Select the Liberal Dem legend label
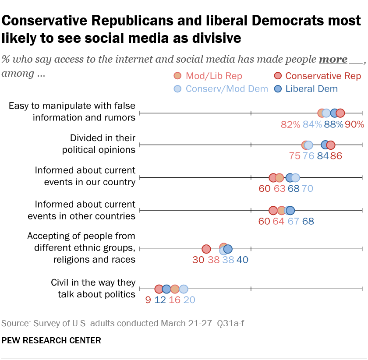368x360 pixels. pos(311,88)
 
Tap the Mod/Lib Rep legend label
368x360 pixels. pos(214,76)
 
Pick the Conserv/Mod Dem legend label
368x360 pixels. pos(226,88)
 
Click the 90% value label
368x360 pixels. pos(354,124)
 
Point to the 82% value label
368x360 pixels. pos(290,124)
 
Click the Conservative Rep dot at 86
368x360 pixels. pos(331,145)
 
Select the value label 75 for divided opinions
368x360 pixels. pos(295,156)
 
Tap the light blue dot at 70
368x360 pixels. pos(295,178)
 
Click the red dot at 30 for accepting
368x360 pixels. pos(206,249)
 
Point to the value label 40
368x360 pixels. pos(242,260)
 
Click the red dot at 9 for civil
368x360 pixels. pos(159,289)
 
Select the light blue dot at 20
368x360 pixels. pos(184,289)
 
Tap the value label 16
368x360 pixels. pos(174,300)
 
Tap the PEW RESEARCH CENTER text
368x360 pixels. pos(51,340)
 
